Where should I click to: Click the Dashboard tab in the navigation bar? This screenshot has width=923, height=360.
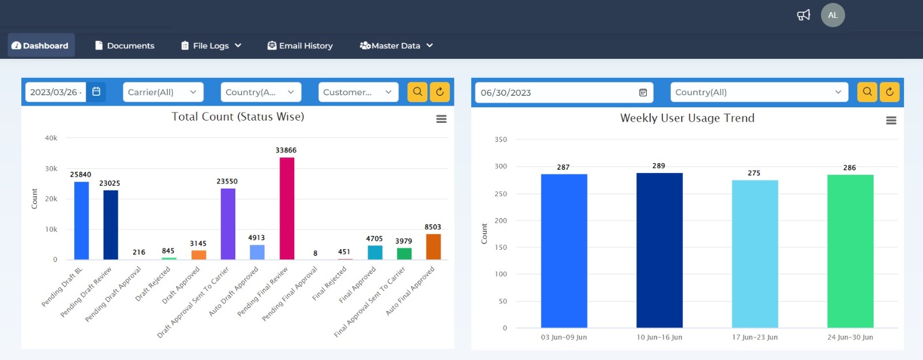click(40, 46)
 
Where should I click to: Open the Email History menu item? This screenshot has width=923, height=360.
click(300, 46)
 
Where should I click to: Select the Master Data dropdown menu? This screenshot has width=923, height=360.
click(396, 46)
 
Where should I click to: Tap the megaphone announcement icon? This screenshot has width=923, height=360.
click(804, 15)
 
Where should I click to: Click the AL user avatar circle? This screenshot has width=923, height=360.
click(832, 15)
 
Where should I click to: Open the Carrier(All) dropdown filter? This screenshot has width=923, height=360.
click(162, 92)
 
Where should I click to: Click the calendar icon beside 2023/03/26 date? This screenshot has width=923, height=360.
click(96, 92)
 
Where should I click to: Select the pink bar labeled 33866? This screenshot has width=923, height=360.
click(287, 208)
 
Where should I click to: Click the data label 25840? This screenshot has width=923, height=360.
click(81, 174)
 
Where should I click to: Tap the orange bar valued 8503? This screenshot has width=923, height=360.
click(433, 246)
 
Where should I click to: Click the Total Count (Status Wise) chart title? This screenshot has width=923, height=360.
click(238, 117)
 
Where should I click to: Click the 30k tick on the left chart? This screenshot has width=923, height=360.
click(51, 169)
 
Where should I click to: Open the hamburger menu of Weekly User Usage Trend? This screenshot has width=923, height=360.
click(891, 121)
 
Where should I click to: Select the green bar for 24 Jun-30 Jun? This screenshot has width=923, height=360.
click(850, 251)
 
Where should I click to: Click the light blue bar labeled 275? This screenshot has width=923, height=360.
click(755, 254)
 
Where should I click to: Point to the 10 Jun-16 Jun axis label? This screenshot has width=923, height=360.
click(659, 337)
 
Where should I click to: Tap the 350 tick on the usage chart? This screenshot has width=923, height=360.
click(501, 140)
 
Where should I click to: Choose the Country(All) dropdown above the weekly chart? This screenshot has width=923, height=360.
click(759, 92)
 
